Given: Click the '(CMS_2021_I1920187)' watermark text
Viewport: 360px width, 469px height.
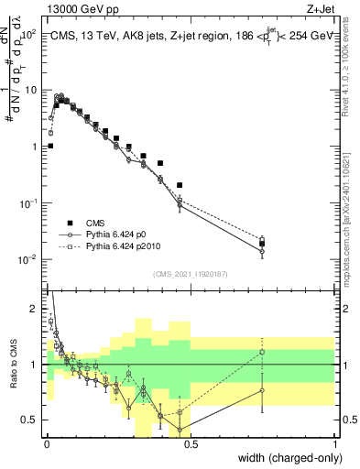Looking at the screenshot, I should (x=190, y=273).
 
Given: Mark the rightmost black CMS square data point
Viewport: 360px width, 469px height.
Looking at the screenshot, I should (x=262, y=244).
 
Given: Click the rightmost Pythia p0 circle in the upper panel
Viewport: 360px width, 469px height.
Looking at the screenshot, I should (x=262, y=251).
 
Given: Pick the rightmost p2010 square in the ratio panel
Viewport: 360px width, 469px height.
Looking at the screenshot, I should (x=262, y=352).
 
